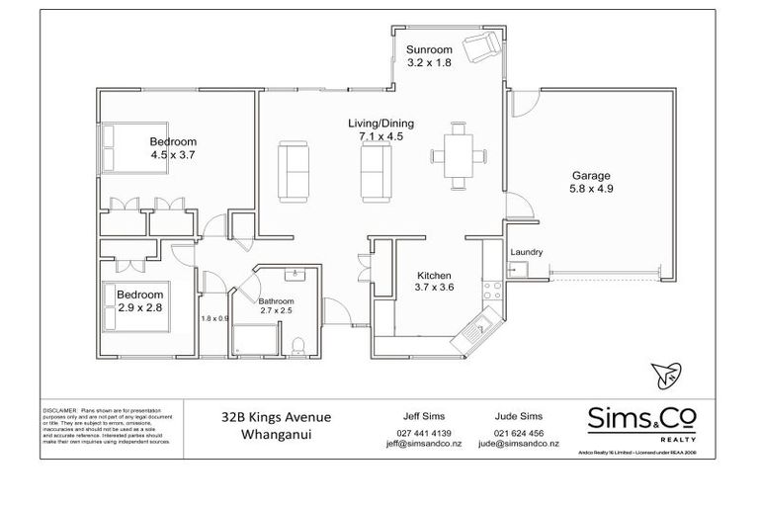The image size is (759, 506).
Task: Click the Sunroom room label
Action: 430,49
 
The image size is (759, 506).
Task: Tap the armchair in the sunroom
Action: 482,45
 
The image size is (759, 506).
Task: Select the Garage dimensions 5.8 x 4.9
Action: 590,190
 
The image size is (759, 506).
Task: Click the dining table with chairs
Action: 457,155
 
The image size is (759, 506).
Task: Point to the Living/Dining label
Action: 380,124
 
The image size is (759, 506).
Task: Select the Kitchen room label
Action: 434,276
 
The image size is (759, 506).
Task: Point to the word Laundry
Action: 526,252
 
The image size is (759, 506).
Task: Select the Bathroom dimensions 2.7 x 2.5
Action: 277,310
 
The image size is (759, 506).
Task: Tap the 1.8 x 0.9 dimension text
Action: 214,317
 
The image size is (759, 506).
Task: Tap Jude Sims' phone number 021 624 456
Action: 519,434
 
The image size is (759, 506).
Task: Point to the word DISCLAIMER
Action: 60,408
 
